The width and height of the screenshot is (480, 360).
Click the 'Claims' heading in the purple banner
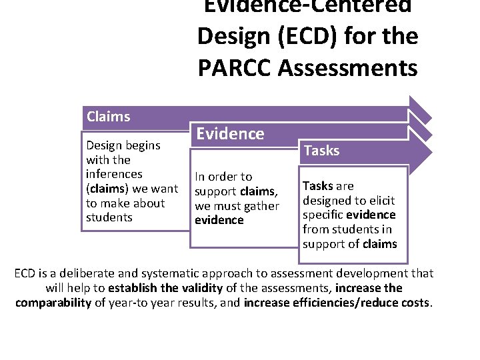click(108, 117)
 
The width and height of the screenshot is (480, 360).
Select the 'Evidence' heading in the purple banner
click(229, 134)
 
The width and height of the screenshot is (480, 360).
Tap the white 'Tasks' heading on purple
click(321, 151)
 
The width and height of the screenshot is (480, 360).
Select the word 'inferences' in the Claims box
click(114, 174)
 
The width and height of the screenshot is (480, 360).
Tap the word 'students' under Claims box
click(109, 217)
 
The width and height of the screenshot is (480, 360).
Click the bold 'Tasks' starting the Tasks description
click(317, 186)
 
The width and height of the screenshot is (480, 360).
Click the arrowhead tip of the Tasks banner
click(432, 151)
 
